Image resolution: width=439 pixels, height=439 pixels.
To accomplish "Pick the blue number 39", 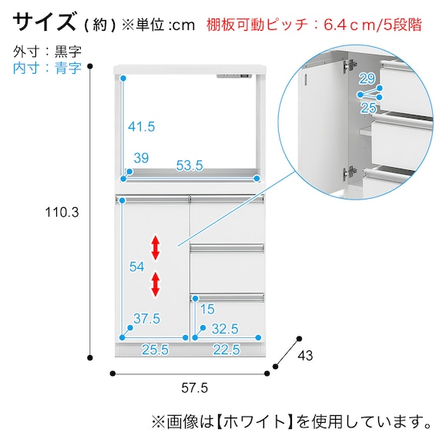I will (140, 157).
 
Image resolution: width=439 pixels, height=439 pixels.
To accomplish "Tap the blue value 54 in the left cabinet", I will (136, 266).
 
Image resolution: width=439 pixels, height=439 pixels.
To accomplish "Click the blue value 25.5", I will (156, 349).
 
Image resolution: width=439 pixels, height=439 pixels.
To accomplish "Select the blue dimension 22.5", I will (226, 349).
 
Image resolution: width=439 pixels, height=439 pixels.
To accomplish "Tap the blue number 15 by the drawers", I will (207, 310).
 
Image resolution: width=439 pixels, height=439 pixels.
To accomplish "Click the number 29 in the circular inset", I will (367, 79).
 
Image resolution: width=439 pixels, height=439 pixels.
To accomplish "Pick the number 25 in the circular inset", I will (368, 109).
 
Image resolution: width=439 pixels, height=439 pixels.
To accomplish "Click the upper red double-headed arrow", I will (156, 248).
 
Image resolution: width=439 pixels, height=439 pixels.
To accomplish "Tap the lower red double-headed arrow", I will (156, 284).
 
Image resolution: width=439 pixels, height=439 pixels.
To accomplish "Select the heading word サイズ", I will (46, 21).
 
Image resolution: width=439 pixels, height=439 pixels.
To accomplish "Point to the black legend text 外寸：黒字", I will (48, 52).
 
